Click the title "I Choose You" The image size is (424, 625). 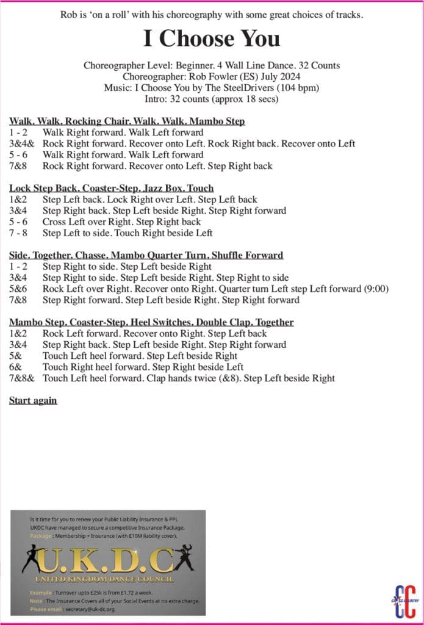212,39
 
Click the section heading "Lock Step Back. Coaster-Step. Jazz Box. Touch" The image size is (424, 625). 112,188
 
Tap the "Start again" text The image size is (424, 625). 33,400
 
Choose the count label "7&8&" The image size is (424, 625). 22,378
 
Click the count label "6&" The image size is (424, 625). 15,367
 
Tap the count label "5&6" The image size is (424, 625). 18,289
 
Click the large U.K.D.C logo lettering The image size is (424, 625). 108,557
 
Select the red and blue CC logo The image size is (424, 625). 405,599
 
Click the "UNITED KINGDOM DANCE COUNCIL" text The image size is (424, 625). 104,579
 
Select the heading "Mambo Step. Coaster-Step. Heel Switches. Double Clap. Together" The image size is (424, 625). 151,322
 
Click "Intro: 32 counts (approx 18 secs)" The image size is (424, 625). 212,99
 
